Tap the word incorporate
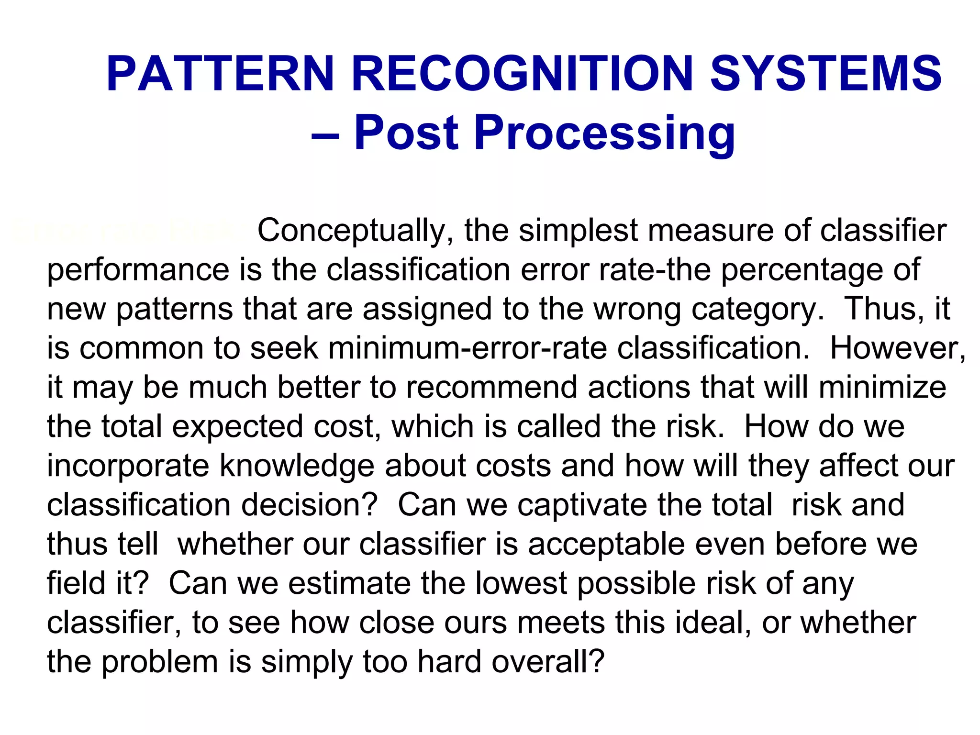pyautogui.click(x=128, y=466)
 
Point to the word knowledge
pyautogui.click(x=297, y=466)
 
